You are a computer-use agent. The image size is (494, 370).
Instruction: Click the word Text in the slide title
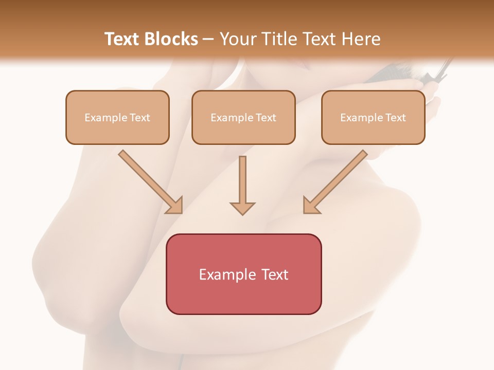pos(123,39)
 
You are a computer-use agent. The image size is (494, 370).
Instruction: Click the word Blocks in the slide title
pos(172,39)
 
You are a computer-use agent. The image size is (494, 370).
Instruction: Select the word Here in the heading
pos(360,39)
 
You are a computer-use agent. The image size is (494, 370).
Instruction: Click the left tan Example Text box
pos(117,117)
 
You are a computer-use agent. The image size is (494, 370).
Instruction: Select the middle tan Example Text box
pos(243,117)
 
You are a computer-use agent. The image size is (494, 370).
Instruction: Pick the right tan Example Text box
pos(373,117)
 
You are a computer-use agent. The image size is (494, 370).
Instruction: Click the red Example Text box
pos(243,274)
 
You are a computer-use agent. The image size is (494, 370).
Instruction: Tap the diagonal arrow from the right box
pos(337,180)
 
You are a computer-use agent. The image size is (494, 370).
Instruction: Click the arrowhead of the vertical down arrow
pos(242,208)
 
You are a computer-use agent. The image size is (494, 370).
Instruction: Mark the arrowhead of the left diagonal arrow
pos(175,206)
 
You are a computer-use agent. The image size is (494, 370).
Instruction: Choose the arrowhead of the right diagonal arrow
pos(310,206)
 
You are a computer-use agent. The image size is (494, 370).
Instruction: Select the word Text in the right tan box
pos(395,118)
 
